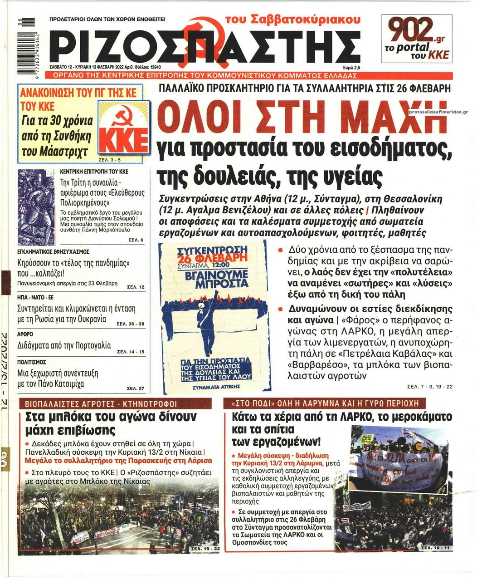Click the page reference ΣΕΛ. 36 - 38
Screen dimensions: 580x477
[130, 324]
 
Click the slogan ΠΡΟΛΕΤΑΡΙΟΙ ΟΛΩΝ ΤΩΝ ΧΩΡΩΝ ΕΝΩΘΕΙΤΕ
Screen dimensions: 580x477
[107, 20]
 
